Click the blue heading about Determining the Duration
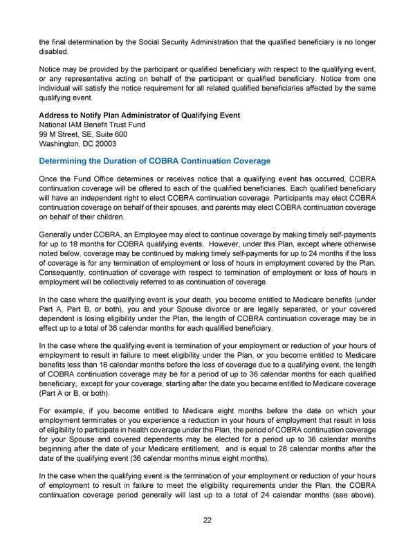(x=154, y=161)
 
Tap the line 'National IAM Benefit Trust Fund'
(x=93, y=125)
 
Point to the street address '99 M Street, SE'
(x=67, y=134)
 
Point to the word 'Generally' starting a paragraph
(x=56, y=234)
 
